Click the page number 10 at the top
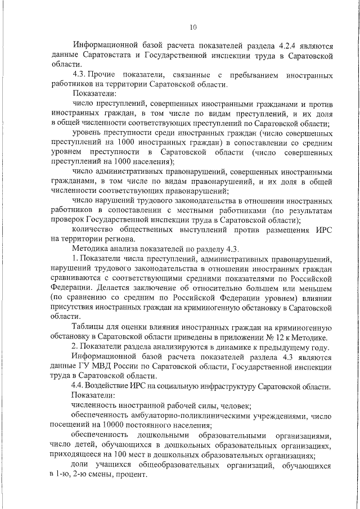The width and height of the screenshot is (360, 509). pyautogui.click(x=193, y=26)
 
